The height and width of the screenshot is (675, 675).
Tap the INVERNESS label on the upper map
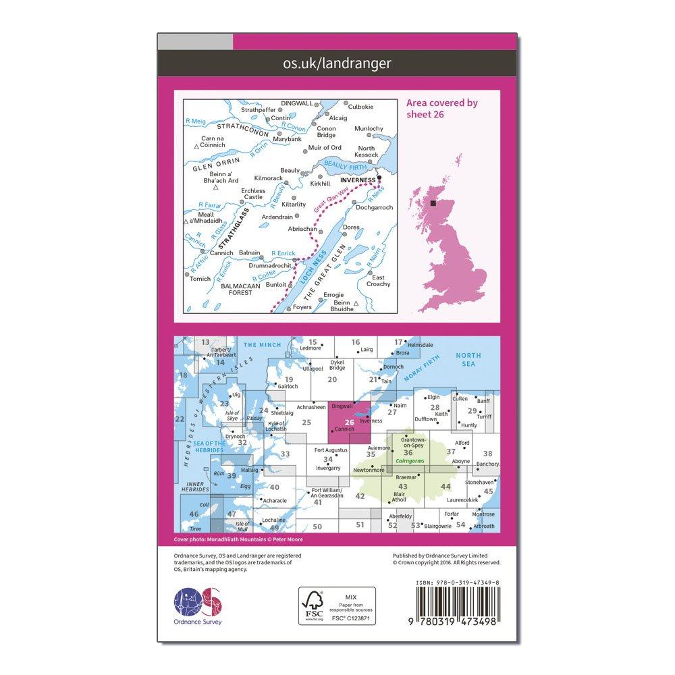(x=358, y=181)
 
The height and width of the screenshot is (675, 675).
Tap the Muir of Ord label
(x=324, y=147)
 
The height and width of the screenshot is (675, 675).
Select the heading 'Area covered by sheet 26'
(x=441, y=109)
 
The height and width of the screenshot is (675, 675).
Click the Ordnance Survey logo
(x=198, y=603)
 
